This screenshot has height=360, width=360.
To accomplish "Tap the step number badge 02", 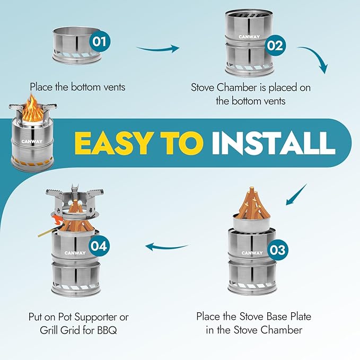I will [275, 45].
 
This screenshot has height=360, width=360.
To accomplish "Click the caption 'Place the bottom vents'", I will [77, 86].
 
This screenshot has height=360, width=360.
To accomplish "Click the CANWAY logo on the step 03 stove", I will [251, 253].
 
